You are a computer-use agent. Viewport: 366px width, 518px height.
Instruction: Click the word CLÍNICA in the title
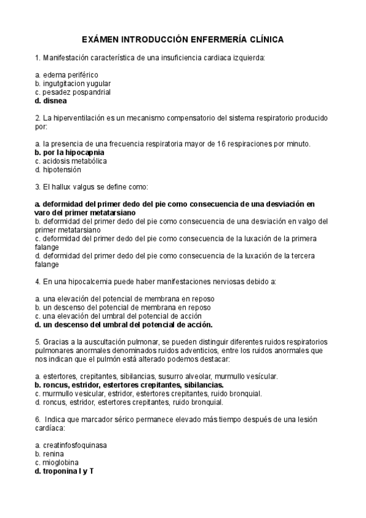click(x=263, y=39)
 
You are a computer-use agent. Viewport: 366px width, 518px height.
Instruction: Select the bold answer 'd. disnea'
click(x=51, y=101)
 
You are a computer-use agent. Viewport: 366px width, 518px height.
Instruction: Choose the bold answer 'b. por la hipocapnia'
click(x=70, y=152)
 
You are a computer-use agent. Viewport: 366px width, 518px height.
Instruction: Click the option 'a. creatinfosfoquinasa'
click(x=71, y=445)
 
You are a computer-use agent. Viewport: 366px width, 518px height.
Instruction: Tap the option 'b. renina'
click(x=48, y=454)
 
